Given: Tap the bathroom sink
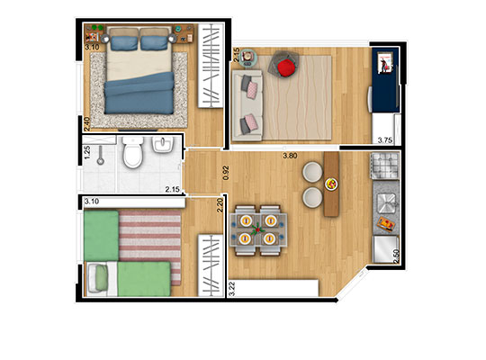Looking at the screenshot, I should pyautogui.click(x=164, y=148).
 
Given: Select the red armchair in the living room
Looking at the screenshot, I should pyautogui.click(x=286, y=67).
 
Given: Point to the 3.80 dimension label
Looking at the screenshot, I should pyautogui.click(x=290, y=156).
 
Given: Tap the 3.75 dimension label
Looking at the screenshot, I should pyautogui.click(x=385, y=139).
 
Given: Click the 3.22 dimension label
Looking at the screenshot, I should pyautogui.click(x=231, y=289).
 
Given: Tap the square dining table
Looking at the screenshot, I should pyautogui.click(x=258, y=229).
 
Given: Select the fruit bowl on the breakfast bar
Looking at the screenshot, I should pyautogui.click(x=330, y=185).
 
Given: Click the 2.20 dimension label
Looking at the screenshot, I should pyautogui.click(x=220, y=206).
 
